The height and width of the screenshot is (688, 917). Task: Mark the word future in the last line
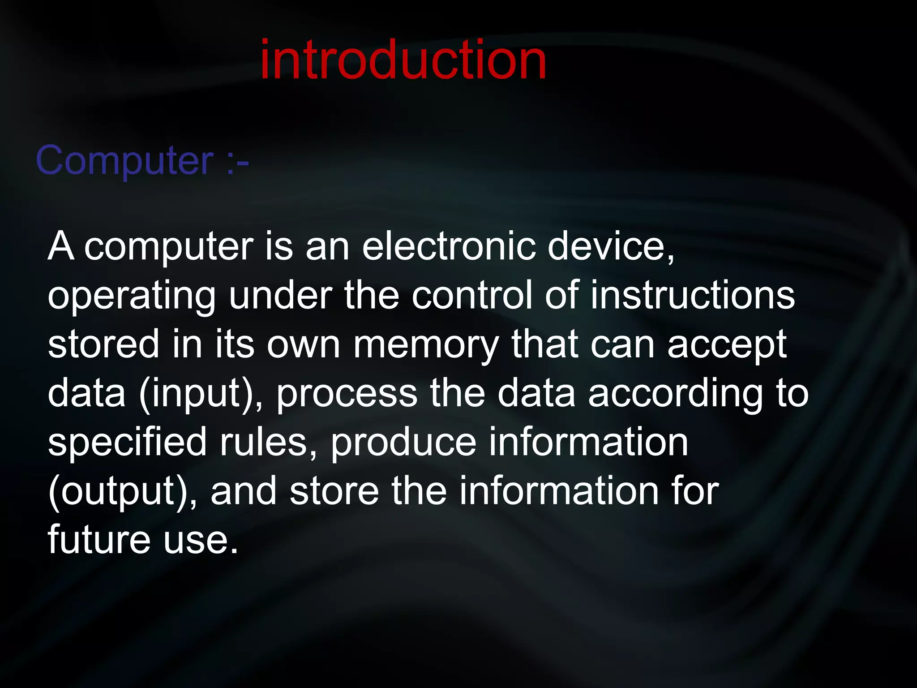[99, 539]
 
